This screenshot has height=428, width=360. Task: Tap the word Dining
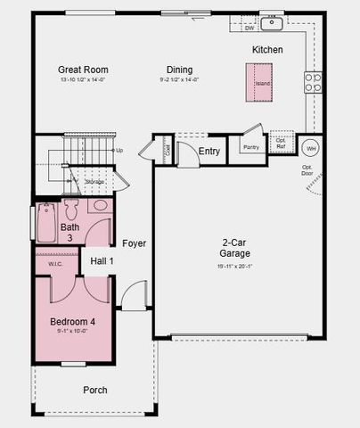[179, 69]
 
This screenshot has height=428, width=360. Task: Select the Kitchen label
[267, 50]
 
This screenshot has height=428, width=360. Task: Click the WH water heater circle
[311, 149]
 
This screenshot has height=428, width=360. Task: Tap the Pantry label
[250, 147]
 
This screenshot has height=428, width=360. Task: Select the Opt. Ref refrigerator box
[282, 143]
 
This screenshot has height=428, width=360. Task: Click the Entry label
[209, 151]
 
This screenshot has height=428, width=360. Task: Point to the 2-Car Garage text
[236, 247]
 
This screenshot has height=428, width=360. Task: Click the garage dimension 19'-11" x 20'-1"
[236, 266]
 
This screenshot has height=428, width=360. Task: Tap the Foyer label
[135, 243]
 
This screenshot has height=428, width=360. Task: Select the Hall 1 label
[102, 260]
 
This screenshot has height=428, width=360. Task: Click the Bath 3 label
[70, 232]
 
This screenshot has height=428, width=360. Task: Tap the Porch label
[95, 390]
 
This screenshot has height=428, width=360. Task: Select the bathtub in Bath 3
[45, 224]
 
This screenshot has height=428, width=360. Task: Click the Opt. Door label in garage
[307, 170]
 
